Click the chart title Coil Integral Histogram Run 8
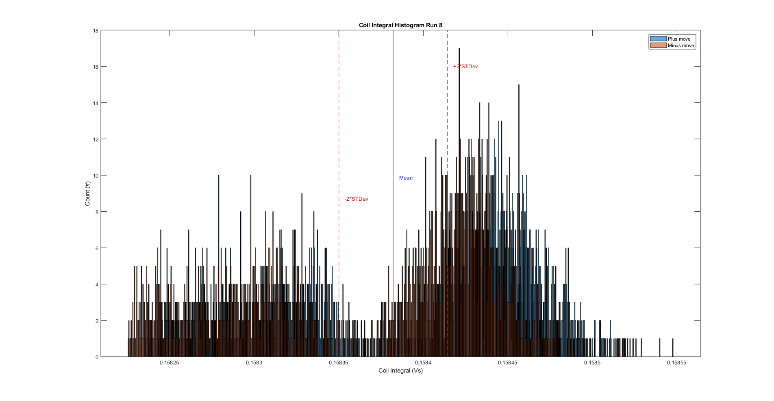coord(400,25)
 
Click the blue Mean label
coord(406,178)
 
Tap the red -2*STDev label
coord(356,199)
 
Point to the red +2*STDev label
coord(465,67)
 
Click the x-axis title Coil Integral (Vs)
coord(400,371)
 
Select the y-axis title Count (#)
coord(87,193)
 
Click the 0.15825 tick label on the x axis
coord(169,363)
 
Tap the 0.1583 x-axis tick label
coord(254,363)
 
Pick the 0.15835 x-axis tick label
coord(339,363)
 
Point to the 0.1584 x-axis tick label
coord(423,363)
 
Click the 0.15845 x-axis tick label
coord(508,363)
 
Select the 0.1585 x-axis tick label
coord(592,363)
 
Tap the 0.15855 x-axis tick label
coord(676,363)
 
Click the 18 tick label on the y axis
coord(96,30)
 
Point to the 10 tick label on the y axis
coord(96,176)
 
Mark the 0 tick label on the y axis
coord(97,357)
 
